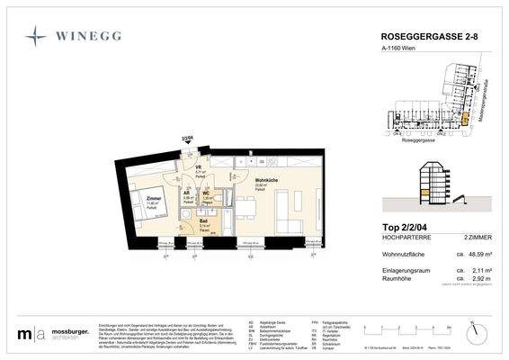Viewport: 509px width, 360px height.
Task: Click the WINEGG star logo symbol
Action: tap(37, 35)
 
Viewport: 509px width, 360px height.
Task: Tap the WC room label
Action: tap(206, 193)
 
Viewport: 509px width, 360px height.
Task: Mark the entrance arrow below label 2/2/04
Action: tap(187, 146)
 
